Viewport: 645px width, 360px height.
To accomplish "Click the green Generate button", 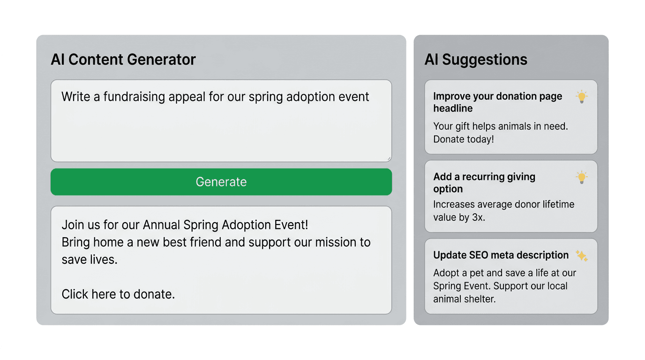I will tap(221, 182).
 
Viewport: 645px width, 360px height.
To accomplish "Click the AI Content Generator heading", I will tap(123, 60).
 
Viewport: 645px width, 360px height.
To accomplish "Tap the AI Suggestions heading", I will tap(476, 60).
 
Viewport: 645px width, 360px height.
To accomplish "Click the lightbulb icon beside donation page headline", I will tap(581, 97).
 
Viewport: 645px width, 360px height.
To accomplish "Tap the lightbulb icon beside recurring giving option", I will tap(581, 177).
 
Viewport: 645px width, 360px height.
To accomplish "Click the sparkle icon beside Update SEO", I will tap(581, 255).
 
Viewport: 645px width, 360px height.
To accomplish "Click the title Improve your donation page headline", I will tap(497, 102).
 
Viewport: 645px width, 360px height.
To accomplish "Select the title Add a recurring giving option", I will tap(484, 183).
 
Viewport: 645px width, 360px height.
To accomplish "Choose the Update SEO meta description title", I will tap(501, 255).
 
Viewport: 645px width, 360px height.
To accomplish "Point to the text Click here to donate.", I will tap(118, 294).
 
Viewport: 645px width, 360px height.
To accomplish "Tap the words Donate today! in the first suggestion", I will tap(463, 139).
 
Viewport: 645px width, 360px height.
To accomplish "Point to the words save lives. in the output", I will tap(90, 260).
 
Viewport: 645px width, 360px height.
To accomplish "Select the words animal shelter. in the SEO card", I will tap(464, 299).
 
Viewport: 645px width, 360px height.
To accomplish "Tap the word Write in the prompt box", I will tap(76, 97).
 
